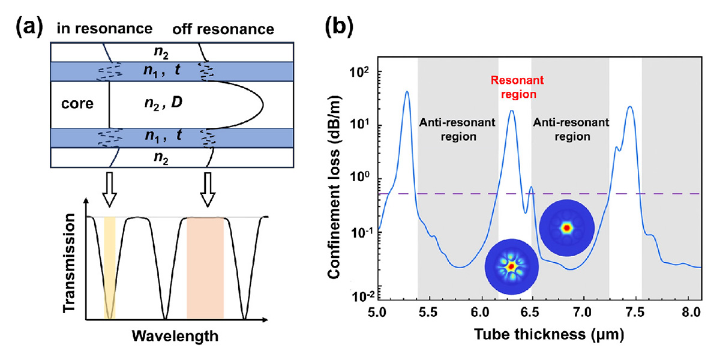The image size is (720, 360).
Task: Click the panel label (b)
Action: (x=341, y=28)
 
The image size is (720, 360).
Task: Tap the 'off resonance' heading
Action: (x=223, y=29)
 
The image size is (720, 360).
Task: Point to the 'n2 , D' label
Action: (x=166, y=103)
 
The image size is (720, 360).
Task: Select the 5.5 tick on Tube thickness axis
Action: (x=428, y=313)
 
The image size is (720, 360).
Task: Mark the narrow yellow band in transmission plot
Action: (x=109, y=267)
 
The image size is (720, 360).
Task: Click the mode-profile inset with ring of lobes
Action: (x=511, y=266)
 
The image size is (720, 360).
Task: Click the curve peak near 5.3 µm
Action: (x=407, y=92)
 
